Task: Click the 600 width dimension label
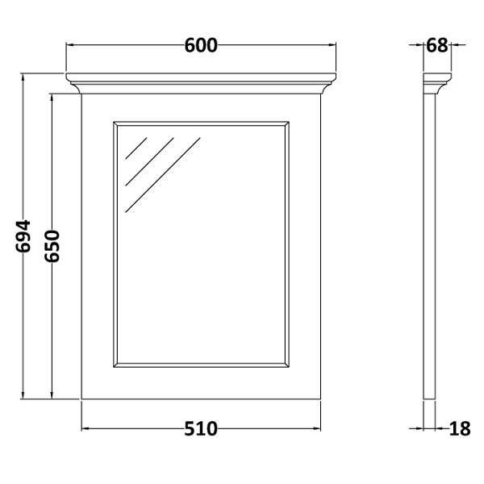201,45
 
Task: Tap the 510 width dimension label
201,429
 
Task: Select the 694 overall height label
23,236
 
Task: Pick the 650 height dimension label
52,246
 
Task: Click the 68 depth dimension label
436,45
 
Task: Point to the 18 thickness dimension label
460,429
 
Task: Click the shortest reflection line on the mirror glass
136,148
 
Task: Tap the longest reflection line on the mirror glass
163,175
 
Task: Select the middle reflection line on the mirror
149,162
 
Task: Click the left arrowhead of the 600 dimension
69,45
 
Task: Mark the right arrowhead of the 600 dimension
332,45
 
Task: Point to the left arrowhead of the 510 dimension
86,428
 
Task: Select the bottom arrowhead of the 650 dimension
52,394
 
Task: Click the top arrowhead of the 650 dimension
52,98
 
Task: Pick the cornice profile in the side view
437,83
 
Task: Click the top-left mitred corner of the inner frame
115,123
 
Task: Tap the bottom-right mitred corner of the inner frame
286,365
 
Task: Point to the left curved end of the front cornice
73,83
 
